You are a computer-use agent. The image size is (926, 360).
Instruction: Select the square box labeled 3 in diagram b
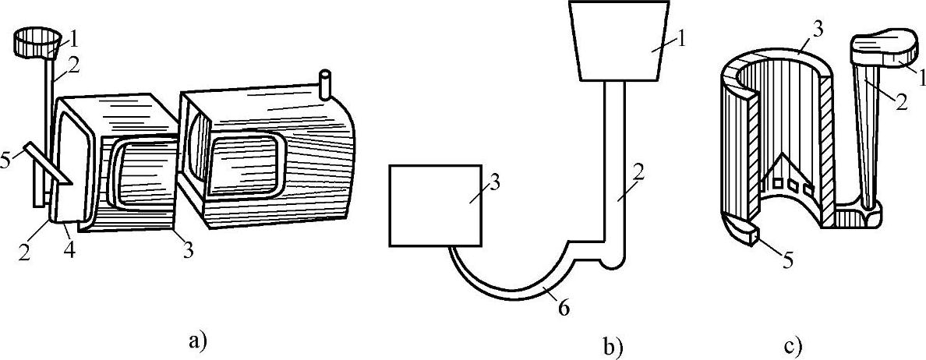click(x=434, y=203)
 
